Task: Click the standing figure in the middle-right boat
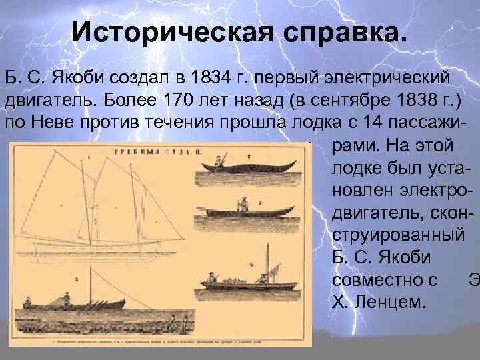[244, 203]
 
